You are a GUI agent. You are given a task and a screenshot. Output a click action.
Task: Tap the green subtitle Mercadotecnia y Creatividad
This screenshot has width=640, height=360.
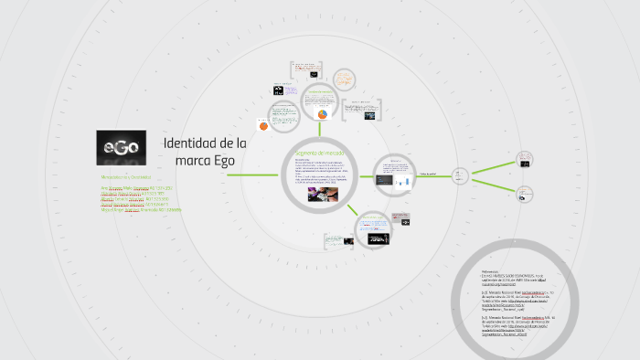click(127, 175)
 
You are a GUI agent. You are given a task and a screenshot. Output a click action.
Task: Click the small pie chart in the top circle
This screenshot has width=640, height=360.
click(323, 114)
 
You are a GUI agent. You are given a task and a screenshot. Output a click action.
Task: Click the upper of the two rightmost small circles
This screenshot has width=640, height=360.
click(525, 158)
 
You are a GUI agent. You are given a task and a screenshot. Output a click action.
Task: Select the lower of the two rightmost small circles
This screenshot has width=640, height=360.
click(525, 193)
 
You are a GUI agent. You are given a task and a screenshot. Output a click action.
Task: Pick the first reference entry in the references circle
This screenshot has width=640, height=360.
click(512, 276)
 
